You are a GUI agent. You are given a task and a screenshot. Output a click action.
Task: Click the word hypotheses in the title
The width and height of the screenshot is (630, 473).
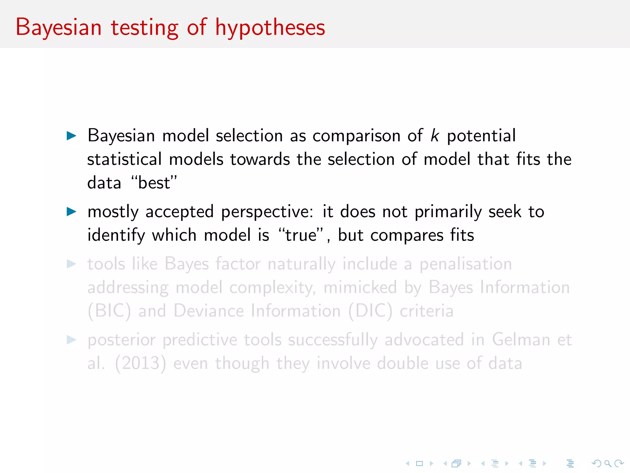[270, 28]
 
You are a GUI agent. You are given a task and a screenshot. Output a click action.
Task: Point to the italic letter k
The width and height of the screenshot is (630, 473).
[434, 135]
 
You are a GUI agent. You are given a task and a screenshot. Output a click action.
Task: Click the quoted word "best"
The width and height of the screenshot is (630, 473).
[154, 183]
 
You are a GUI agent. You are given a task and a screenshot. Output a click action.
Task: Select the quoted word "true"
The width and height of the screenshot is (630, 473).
[301, 235]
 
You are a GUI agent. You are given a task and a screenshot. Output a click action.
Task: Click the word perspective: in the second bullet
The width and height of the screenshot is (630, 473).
[267, 212]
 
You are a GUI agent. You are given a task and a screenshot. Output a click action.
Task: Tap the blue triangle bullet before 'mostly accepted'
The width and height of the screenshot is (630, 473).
[71, 212]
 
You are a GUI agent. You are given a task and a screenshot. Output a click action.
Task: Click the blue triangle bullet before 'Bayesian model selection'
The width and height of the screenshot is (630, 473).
[71, 135]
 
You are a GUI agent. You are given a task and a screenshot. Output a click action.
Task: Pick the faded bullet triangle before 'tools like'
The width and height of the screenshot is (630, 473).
[71, 264]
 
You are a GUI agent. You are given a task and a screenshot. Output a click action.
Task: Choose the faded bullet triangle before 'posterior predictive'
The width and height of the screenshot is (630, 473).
[71, 340]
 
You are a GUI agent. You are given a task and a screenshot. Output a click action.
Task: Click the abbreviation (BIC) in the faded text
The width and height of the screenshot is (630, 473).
[109, 311]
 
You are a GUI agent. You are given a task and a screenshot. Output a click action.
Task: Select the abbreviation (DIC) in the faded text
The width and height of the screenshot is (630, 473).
[370, 311]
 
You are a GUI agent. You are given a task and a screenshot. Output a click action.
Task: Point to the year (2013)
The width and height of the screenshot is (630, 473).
[140, 364]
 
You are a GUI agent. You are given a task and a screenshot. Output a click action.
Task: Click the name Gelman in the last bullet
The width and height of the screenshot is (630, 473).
[520, 340]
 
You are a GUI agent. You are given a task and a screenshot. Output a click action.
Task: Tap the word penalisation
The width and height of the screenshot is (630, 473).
[466, 264]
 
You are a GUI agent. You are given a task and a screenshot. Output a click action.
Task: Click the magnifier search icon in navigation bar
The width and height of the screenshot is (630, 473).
[607, 463]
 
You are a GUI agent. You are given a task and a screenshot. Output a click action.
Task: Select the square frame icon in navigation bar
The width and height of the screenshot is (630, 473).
[419, 463]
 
